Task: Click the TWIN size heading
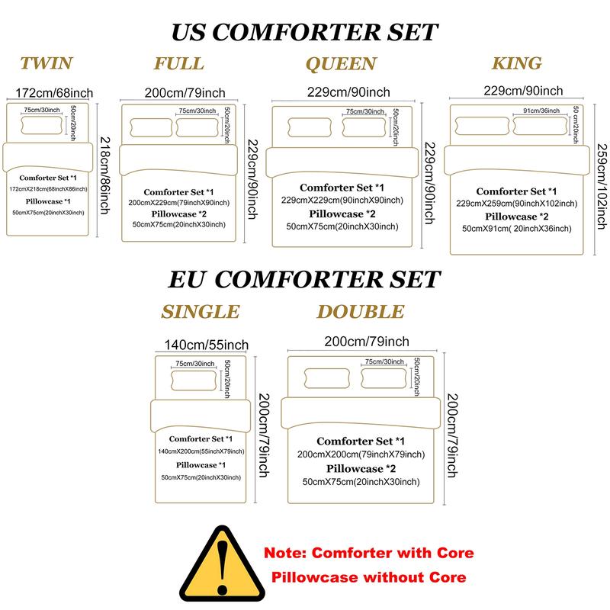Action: (x=47, y=63)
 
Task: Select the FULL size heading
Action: (x=179, y=63)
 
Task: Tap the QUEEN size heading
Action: (x=341, y=64)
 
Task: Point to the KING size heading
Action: (x=517, y=63)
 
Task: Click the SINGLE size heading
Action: (x=201, y=312)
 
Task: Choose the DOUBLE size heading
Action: (x=361, y=312)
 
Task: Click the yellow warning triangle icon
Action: (x=222, y=563)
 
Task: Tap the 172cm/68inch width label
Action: (x=54, y=93)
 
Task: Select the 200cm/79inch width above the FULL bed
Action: (x=185, y=92)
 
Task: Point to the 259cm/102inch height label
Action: (x=602, y=186)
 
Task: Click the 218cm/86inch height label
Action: (x=105, y=175)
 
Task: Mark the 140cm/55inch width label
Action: (x=206, y=345)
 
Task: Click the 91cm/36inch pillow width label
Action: (x=541, y=111)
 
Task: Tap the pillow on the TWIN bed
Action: (x=42, y=124)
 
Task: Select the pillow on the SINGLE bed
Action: (x=194, y=380)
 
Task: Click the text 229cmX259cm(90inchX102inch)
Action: (x=517, y=204)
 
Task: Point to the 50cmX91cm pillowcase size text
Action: (x=517, y=228)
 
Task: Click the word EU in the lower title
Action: (x=186, y=279)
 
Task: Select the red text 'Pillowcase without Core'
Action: (x=368, y=577)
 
